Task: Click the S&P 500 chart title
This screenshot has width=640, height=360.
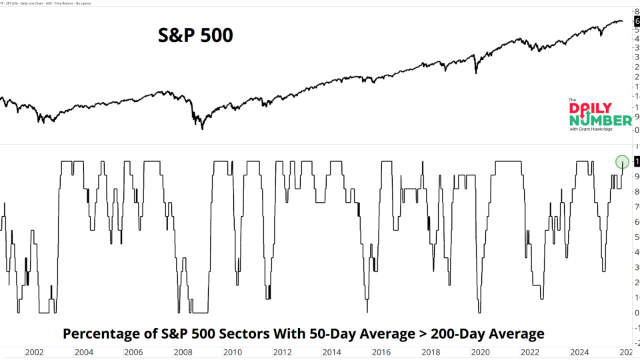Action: pos(195,35)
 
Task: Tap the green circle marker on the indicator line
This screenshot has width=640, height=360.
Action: pos(622,161)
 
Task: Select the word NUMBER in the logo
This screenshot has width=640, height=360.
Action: pos(600,120)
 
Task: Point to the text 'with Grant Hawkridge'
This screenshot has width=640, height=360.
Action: pos(591,129)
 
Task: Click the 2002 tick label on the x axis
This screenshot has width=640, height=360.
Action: pos(34,352)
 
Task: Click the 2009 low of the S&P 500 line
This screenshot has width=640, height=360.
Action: pos(202,128)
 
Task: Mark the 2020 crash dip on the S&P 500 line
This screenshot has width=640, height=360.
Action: pos(475,72)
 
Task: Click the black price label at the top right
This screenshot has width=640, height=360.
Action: pos(637,22)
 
